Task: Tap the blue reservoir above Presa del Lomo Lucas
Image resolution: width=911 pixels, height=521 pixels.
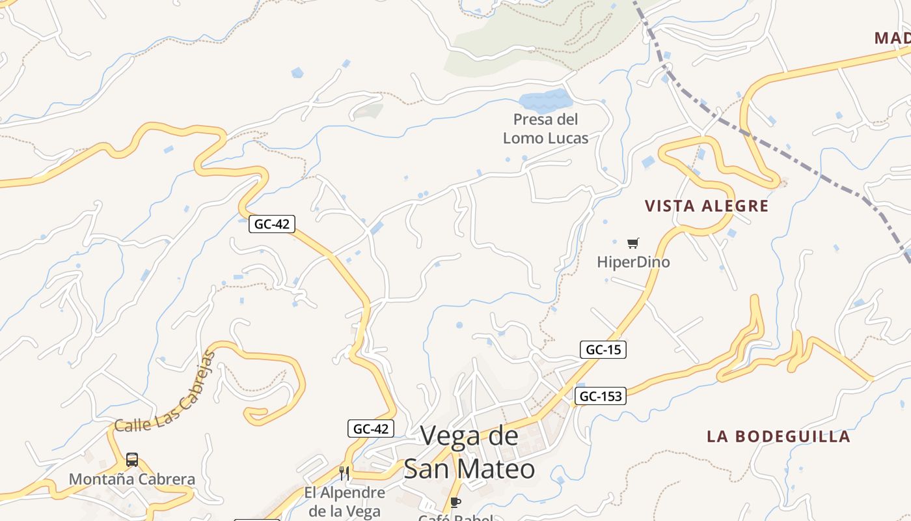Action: tap(545, 100)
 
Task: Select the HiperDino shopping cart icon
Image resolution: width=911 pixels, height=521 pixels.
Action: tap(632, 244)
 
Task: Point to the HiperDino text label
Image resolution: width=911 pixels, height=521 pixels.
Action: tap(633, 262)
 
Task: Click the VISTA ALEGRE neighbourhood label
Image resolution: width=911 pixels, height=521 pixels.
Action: tap(707, 206)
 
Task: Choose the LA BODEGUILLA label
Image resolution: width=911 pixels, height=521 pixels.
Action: tap(778, 436)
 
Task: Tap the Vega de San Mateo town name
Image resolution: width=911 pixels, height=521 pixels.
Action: tap(469, 453)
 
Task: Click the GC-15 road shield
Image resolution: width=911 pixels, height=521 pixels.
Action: tap(603, 350)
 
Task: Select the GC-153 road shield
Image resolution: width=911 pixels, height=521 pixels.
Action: tap(600, 396)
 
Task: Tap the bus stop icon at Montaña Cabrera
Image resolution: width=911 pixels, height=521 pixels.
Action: tap(132, 460)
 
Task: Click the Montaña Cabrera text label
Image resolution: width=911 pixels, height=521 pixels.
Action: tap(132, 480)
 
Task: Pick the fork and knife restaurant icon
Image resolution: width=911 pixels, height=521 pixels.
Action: tap(344, 473)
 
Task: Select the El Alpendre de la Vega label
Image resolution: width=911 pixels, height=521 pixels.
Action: tap(345, 501)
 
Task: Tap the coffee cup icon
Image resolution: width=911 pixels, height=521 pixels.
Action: tap(455, 502)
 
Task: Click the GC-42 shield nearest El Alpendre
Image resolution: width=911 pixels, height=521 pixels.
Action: tap(371, 429)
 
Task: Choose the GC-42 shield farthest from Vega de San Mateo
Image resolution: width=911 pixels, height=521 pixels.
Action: tap(271, 224)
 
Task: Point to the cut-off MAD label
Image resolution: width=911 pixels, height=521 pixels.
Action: tap(892, 38)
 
